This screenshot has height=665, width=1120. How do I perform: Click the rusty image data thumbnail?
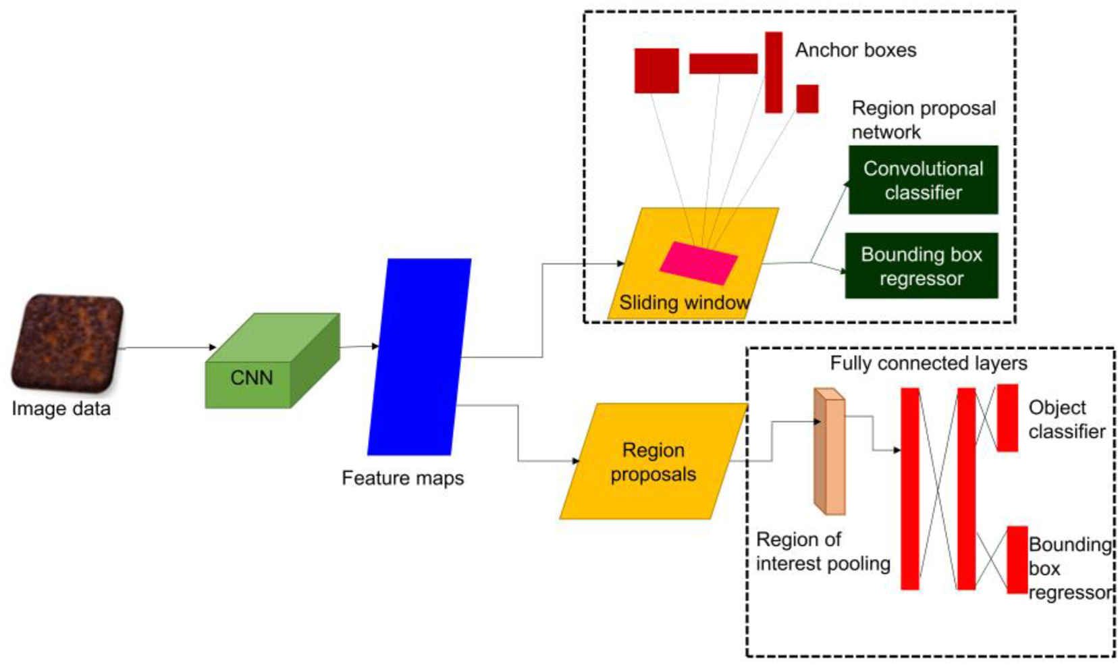[x=67, y=344]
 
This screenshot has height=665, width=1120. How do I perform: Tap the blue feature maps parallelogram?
[x=419, y=356]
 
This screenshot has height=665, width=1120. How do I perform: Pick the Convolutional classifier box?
[x=923, y=180]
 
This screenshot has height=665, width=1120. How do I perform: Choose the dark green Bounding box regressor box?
[x=922, y=266]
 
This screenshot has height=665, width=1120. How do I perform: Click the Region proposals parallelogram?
[x=654, y=462]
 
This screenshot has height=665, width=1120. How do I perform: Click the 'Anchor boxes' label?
[x=855, y=50]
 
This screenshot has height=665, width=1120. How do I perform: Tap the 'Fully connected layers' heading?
[x=928, y=363]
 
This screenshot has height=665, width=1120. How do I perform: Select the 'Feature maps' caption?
[x=402, y=478]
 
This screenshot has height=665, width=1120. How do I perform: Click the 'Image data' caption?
[x=61, y=408]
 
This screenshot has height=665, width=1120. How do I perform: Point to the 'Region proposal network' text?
[x=923, y=119]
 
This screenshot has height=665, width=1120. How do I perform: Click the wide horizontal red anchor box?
[x=723, y=63]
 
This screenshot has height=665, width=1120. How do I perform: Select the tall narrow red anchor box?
[x=774, y=72]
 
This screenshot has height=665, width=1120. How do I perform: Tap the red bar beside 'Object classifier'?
[x=1007, y=417]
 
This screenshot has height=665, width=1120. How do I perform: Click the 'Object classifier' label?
[x=1066, y=419]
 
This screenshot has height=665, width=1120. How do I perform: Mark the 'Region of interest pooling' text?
[x=823, y=552]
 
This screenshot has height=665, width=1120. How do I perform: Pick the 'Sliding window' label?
[x=684, y=302]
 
